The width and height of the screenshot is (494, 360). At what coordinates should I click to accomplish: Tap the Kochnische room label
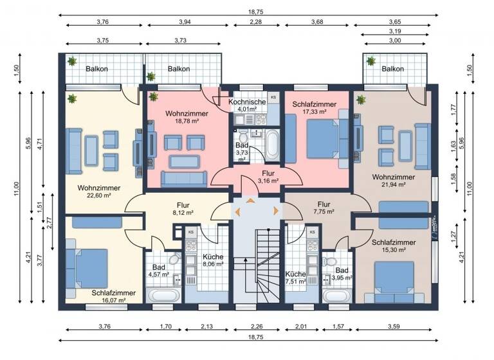pos(247,102)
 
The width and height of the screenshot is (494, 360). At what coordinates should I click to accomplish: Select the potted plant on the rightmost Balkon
pos(371,61)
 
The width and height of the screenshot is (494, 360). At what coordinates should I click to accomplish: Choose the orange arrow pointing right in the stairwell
pos(276,210)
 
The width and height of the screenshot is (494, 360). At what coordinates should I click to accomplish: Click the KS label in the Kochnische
pos(272,97)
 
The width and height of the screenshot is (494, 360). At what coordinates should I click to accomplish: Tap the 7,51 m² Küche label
pos(295,280)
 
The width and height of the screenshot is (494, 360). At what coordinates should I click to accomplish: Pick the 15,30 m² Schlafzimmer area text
pos(393,251)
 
